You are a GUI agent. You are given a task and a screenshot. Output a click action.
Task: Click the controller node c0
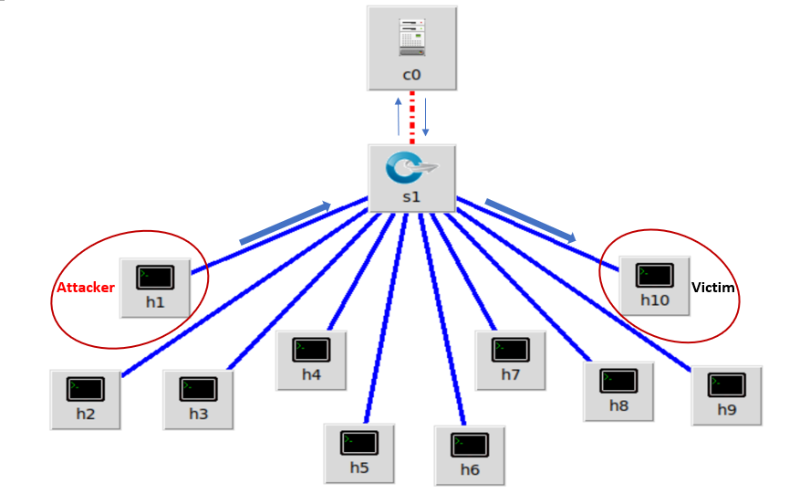[x=411, y=47]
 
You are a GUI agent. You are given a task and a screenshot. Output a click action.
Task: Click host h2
[x=85, y=399]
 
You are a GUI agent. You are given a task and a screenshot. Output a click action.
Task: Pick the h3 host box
[x=199, y=399]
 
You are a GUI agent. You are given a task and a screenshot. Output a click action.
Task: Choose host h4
[x=311, y=359]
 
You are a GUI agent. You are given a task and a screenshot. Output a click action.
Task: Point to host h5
[x=359, y=453]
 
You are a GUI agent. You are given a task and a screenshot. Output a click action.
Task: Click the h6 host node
[x=469, y=454]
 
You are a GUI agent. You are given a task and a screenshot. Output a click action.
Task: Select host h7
[x=510, y=359]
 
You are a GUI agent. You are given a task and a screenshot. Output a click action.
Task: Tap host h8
[x=618, y=390]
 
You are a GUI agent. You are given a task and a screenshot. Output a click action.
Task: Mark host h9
[x=726, y=394]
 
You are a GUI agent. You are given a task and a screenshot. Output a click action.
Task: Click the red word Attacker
[x=86, y=288]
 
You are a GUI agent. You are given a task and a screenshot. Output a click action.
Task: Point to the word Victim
[x=713, y=288]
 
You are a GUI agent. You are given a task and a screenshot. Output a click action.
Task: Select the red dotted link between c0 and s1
[x=412, y=117]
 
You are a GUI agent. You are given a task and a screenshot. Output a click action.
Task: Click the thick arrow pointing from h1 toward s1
[x=285, y=224]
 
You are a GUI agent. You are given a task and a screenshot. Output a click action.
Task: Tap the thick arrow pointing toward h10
[x=531, y=220]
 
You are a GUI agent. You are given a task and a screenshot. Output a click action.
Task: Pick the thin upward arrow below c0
[x=398, y=116]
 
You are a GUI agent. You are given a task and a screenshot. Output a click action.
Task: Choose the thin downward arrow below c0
[x=425, y=116]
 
